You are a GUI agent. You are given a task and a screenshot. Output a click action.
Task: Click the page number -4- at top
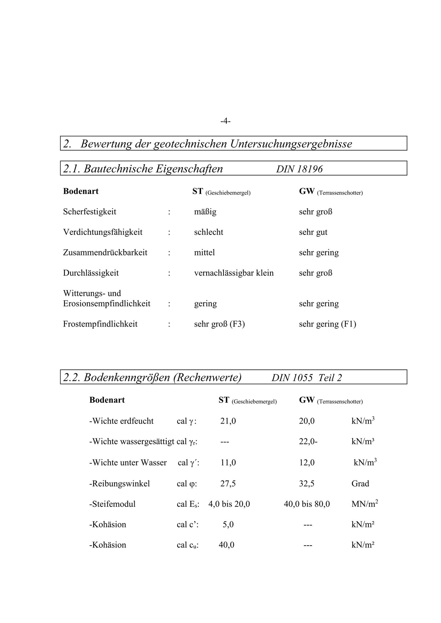click(x=225, y=121)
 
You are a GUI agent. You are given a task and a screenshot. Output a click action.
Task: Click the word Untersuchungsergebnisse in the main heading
click(x=291, y=144)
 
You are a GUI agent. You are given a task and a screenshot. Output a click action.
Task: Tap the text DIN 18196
click(x=299, y=169)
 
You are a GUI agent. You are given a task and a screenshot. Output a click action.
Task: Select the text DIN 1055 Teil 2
click(x=307, y=378)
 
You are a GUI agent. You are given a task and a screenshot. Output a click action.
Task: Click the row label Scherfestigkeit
click(x=90, y=212)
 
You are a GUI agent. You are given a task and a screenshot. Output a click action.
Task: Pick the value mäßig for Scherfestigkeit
click(x=205, y=212)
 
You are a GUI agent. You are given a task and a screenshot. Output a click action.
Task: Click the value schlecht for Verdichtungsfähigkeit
click(x=208, y=232)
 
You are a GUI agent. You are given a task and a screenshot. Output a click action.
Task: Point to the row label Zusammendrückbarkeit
click(x=105, y=253)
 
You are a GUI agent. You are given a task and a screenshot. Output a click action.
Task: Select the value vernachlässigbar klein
click(x=234, y=273)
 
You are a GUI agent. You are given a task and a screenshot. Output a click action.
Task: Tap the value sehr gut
click(x=313, y=232)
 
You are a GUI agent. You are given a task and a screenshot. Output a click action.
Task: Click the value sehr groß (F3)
click(x=219, y=324)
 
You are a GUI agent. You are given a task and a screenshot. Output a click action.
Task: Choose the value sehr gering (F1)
click(x=327, y=324)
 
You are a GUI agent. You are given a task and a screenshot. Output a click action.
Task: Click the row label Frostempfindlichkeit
click(x=100, y=324)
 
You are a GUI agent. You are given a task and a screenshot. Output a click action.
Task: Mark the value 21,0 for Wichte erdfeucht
click(x=228, y=421)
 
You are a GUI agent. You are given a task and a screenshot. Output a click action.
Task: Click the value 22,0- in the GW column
click(x=308, y=442)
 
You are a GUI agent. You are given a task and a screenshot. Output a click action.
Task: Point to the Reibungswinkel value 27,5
click(x=228, y=484)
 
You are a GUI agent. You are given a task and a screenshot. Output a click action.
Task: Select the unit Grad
click(x=360, y=484)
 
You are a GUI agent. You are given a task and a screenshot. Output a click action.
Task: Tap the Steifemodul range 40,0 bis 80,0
click(x=307, y=504)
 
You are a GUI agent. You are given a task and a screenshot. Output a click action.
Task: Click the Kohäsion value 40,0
click(x=226, y=545)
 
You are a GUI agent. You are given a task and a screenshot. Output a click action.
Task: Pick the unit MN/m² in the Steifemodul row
click(x=365, y=504)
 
